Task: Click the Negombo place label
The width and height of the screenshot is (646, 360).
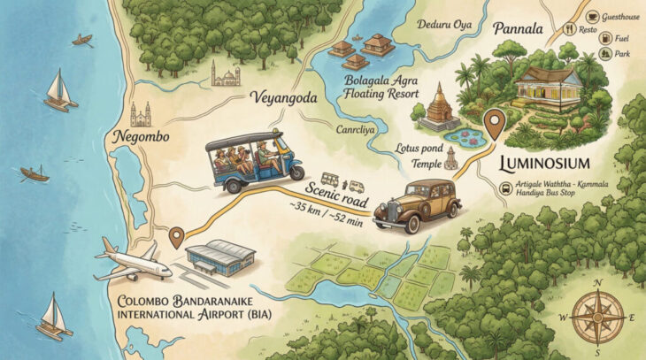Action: click(136, 137)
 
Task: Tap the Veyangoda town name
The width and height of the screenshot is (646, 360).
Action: click(284, 97)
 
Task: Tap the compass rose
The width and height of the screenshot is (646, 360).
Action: click(602, 314)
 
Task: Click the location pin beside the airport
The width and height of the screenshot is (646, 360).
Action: click(176, 237)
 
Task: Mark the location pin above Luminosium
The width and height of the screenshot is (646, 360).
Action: click(495, 121)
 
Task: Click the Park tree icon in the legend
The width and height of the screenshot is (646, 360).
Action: click(606, 53)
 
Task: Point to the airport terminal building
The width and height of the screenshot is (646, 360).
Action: click(221, 257)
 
